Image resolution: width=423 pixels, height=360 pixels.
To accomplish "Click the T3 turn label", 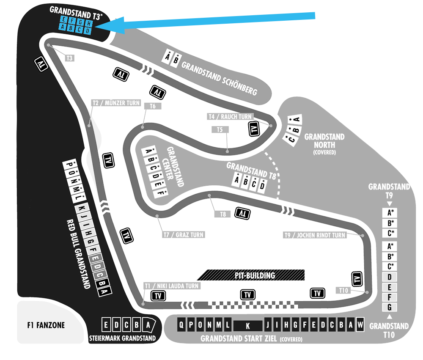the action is pos(70,58).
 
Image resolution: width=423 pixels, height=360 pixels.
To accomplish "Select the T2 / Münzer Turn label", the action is pos(116,103).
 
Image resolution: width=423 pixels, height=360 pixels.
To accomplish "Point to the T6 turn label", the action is pos(153,106).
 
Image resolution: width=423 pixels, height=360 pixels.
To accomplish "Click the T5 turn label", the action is pos(220,129).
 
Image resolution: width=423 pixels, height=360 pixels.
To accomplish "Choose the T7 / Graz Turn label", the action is pos(184,235).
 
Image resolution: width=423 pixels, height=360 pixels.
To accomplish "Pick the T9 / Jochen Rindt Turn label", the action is pos(315,235).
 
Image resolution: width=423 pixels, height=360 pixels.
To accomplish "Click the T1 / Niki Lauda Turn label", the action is pos(172,286).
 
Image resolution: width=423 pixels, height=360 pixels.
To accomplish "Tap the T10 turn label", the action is pos(343,290).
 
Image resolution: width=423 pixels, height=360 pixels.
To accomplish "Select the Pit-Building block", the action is pos(251,275).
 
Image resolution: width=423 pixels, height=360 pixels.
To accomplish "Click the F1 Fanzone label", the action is pos(46,325).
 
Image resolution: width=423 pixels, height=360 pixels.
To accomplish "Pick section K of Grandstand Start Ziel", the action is pos(247,326).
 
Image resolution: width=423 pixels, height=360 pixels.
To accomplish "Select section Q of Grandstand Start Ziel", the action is pos(181,324).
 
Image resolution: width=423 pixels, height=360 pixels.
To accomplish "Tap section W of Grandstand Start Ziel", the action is pos(360,324).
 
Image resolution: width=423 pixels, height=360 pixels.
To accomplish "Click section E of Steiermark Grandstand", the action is pos(106,325).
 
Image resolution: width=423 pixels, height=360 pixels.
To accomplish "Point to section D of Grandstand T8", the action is pos(262,186).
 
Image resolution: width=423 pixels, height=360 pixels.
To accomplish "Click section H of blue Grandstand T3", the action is pos(89,24).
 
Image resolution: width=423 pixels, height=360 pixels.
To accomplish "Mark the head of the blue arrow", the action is pos(96,26).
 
